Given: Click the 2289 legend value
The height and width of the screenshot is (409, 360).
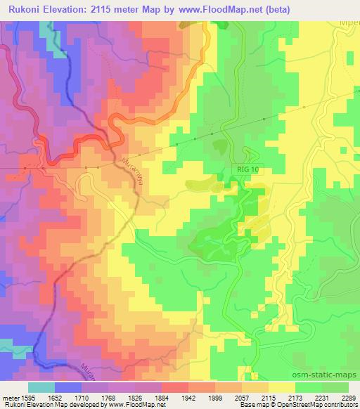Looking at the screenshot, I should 349,397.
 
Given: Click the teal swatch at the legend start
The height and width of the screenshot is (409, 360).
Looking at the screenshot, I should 41,387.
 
